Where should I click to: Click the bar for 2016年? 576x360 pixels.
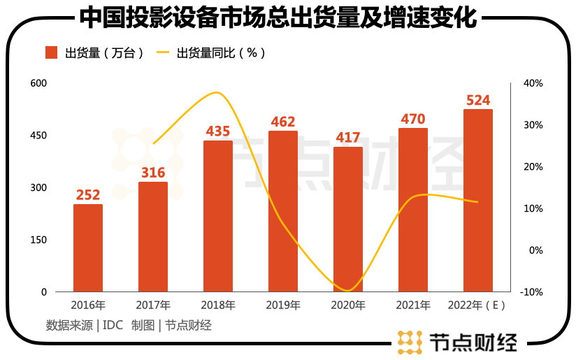(x=88, y=247)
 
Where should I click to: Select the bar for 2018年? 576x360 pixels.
(x=218, y=216)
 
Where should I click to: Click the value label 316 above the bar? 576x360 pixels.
(x=153, y=173)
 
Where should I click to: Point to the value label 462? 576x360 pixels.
(x=283, y=122)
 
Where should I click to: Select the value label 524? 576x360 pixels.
(x=478, y=100)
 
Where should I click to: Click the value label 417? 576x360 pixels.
(x=348, y=138)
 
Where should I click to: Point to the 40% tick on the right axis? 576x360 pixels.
(x=533, y=83)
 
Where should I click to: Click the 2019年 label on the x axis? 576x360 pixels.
(x=283, y=305)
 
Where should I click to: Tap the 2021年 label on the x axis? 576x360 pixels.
(x=413, y=305)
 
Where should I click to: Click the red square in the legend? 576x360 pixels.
(x=51, y=52)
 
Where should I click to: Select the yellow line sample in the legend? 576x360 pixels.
(x=163, y=52)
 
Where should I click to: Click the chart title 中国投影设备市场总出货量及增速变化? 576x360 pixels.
(x=278, y=18)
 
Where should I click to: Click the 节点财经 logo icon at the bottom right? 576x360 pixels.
(x=409, y=343)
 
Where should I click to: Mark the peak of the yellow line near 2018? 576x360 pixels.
(x=217, y=92)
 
